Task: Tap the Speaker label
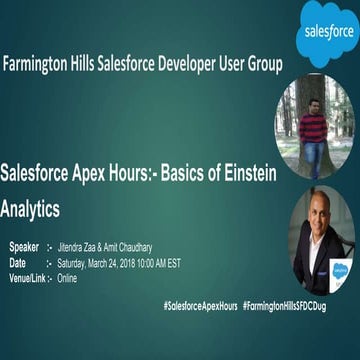(24, 246)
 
